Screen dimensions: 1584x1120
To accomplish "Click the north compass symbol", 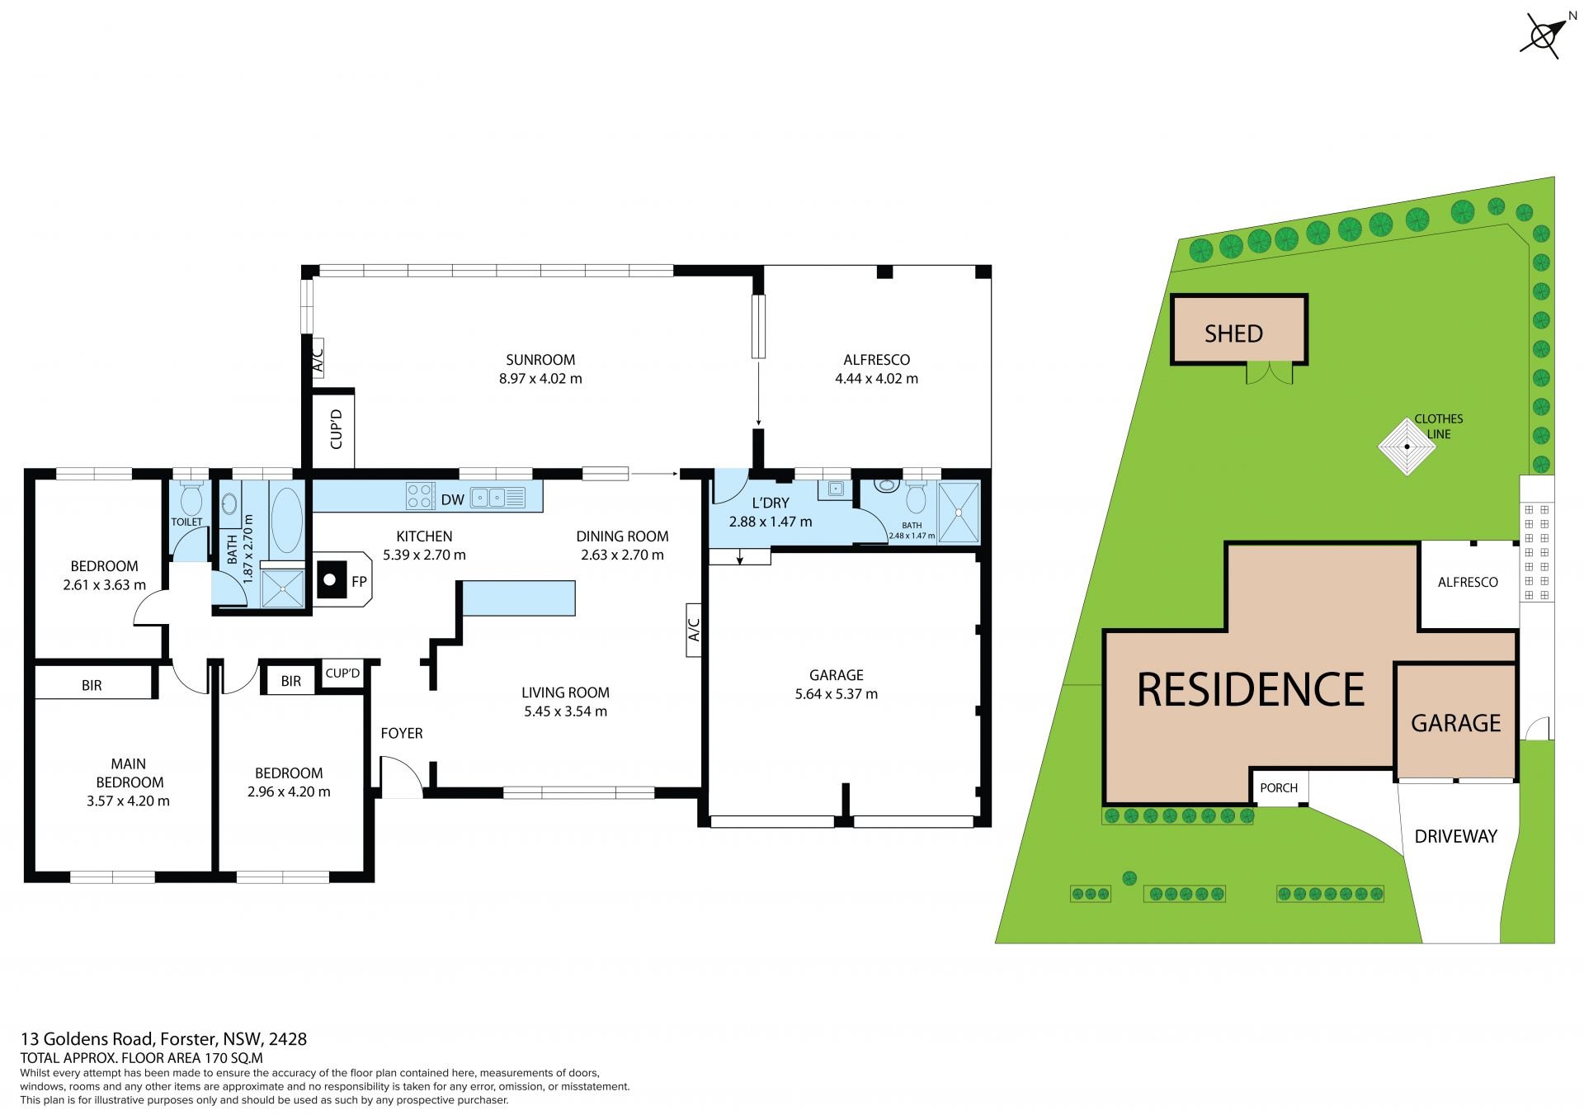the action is click(1542, 36).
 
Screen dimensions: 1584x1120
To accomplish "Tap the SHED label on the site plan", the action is click(1233, 333).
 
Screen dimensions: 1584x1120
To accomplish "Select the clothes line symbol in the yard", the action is click(1407, 447).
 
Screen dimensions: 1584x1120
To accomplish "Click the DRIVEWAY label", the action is click(1455, 836).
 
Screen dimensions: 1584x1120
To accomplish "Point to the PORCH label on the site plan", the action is click(1279, 788).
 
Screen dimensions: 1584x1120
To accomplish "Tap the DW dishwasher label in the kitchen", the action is click(452, 499).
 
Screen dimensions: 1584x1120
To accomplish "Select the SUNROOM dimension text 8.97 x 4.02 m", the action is click(540, 379).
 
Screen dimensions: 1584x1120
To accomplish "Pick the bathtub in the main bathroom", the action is click(286, 520).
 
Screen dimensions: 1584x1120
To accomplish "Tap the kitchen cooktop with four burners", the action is click(420, 495).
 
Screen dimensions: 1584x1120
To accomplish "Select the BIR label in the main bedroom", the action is click(92, 685).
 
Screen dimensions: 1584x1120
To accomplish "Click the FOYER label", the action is click(402, 733).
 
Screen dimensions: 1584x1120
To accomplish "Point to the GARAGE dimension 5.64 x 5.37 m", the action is click(837, 694).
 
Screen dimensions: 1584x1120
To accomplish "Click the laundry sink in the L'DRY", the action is click(834, 489).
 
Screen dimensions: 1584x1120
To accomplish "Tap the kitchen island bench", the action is click(519, 598).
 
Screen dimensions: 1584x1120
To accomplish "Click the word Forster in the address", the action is click(189, 1039).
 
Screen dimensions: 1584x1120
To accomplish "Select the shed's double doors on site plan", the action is click(1269, 374).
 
